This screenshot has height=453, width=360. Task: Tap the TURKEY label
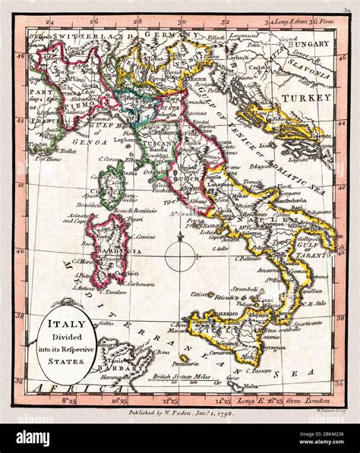[x=314, y=98]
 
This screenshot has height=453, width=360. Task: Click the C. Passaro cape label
[x=262, y=368]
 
